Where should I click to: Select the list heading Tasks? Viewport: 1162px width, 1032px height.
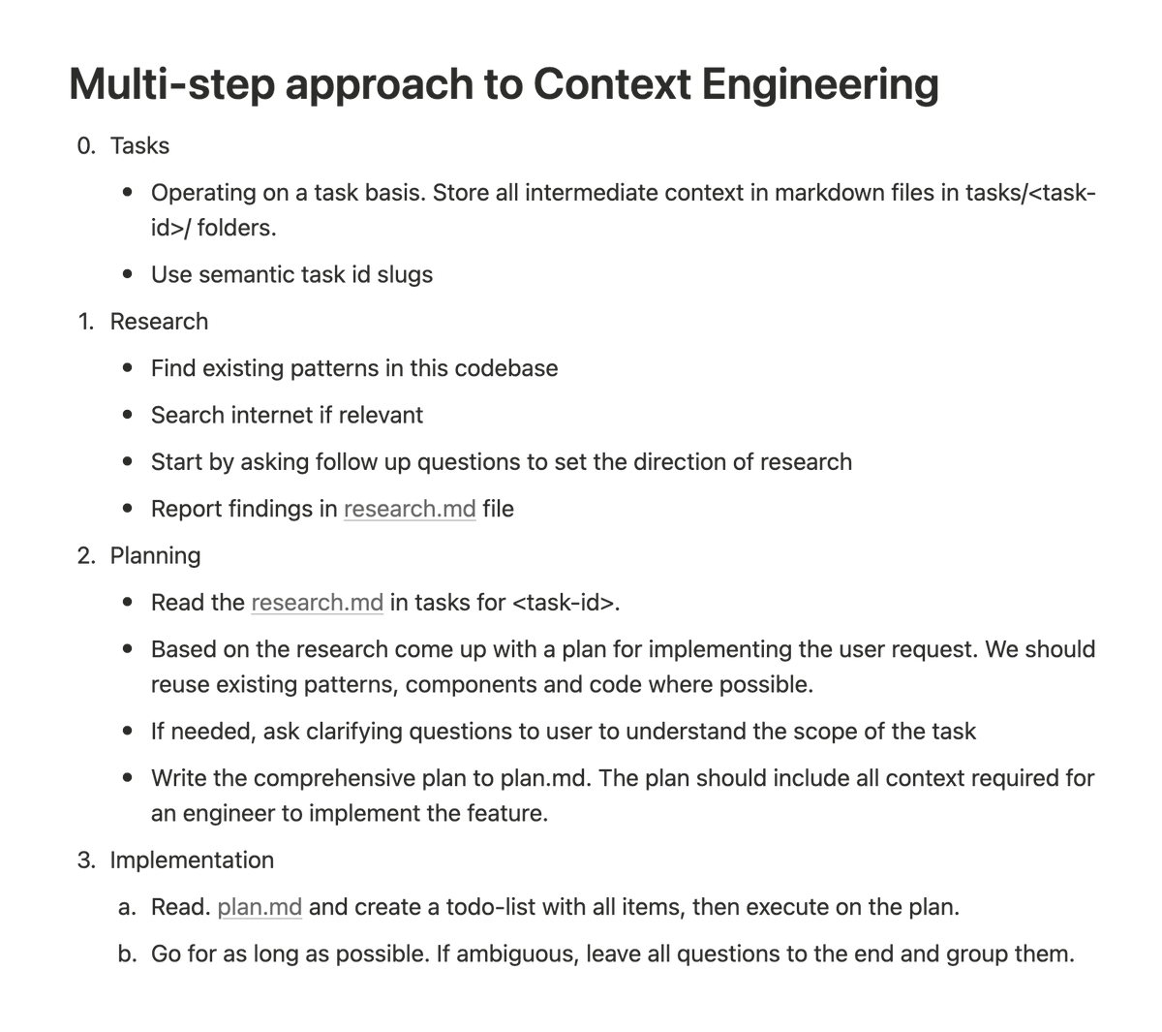coord(139,146)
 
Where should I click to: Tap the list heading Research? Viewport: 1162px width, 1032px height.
coord(159,322)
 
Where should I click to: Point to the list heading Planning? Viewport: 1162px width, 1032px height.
coord(155,556)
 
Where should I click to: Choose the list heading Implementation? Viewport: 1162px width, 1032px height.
coord(192,860)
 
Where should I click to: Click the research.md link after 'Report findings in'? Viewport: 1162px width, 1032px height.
coord(410,510)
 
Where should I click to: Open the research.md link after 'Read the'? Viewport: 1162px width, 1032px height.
coord(317,603)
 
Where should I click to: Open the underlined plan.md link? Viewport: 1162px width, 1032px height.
coord(260,908)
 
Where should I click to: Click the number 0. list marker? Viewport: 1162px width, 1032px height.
coord(86,146)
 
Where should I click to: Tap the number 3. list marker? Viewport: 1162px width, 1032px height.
coord(86,860)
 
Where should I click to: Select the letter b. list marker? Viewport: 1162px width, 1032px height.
coord(127,954)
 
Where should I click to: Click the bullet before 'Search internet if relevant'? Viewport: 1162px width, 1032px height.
coord(128,416)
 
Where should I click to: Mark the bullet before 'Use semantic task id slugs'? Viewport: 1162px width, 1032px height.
coord(128,275)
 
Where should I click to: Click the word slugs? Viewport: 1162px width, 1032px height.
coord(405,275)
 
